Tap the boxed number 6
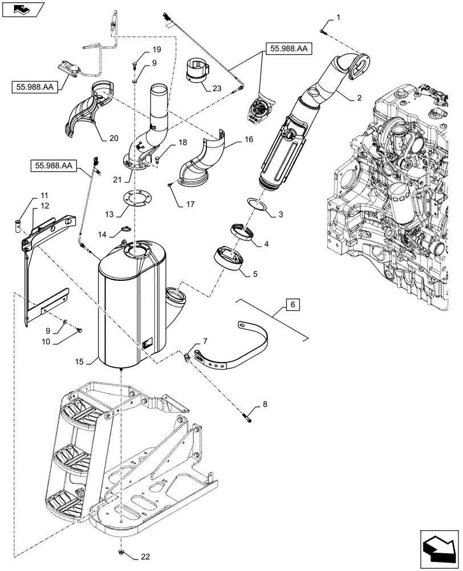292,305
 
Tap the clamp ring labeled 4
242,232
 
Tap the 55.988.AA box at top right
287,50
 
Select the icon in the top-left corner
22,9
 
